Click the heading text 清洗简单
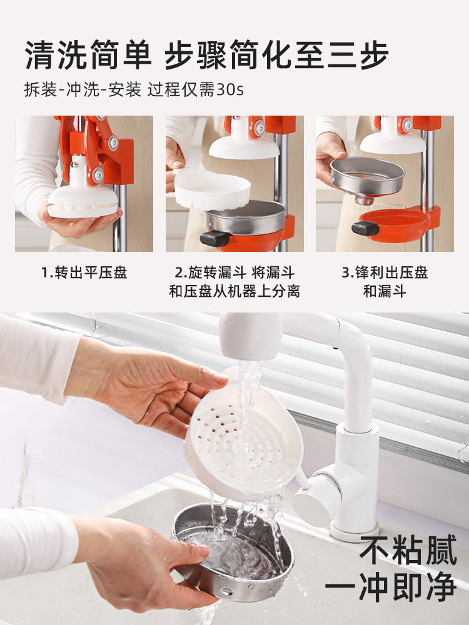tap(88, 56)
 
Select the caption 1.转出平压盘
tap(84, 273)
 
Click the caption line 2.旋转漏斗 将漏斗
tap(234, 273)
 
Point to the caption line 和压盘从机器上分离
tap(234, 291)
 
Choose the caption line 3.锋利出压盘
tap(385, 273)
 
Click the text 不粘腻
tap(408, 551)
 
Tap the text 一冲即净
tap(390, 588)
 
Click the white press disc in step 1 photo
tap(83, 201)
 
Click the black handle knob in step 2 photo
tap(214, 238)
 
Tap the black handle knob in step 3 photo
tap(365, 228)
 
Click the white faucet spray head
tap(251, 337)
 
